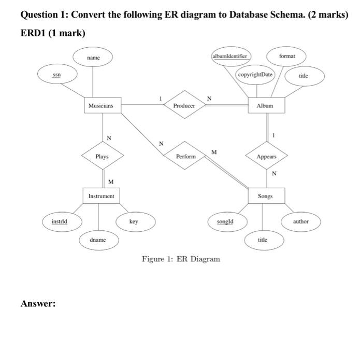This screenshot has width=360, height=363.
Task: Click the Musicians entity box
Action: tap(102, 105)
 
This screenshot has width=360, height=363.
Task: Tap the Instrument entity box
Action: tap(102, 197)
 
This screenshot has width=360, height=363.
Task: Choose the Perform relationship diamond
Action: tap(185, 156)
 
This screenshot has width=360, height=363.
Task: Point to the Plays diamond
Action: tap(102, 156)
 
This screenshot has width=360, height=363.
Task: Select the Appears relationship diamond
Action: tap(267, 156)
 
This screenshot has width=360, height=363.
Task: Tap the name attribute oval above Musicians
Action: tap(93, 59)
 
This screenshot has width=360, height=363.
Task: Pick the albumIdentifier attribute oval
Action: tap(230, 55)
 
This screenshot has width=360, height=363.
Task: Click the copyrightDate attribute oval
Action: tap(255, 75)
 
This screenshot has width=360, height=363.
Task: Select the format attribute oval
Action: tap(286, 55)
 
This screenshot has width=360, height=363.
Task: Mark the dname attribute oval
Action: tap(98, 241)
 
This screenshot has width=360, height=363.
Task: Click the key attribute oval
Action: tap(134, 221)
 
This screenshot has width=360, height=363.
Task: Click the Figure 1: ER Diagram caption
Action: tap(181, 259)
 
